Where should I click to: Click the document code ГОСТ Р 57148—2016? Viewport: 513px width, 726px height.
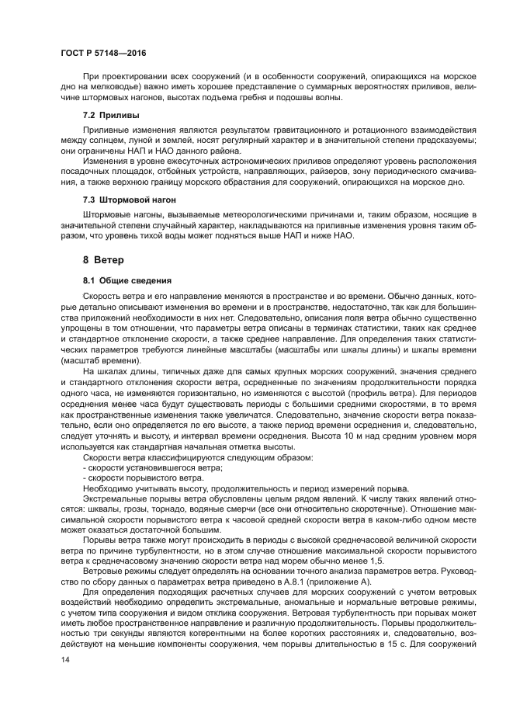point(102,52)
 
